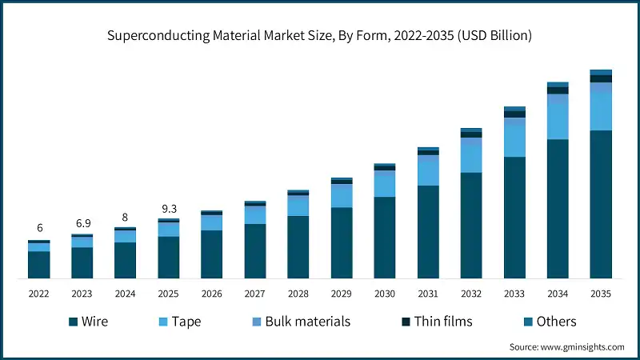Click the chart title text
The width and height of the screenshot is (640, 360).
(x=320, y=36)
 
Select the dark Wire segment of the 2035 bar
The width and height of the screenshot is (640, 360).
(x=601, y=204)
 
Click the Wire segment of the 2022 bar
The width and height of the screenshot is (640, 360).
(x=39, y=265)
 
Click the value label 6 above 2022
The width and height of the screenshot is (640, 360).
(x=39, y=229)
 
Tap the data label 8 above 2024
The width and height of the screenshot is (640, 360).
(x=126, y=217)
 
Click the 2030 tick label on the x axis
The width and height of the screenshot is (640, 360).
(x=385, y=294)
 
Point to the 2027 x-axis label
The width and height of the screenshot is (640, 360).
(x=255, y=294)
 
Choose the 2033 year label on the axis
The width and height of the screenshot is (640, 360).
(x=514, y=294)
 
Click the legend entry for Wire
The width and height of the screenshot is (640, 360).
(x=88, y=322)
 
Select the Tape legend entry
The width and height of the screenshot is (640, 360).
(x=176, y=322)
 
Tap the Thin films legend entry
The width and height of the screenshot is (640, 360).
(x=437, y=322)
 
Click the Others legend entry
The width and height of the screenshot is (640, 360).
(x=548, y=322)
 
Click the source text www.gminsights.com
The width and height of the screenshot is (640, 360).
(x=566, y=347)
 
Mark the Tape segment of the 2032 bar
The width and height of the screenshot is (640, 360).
(x=471, y=156)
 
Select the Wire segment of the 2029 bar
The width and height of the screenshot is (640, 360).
(x=342, y=243)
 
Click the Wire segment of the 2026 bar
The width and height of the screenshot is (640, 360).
(x=212, y=254)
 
